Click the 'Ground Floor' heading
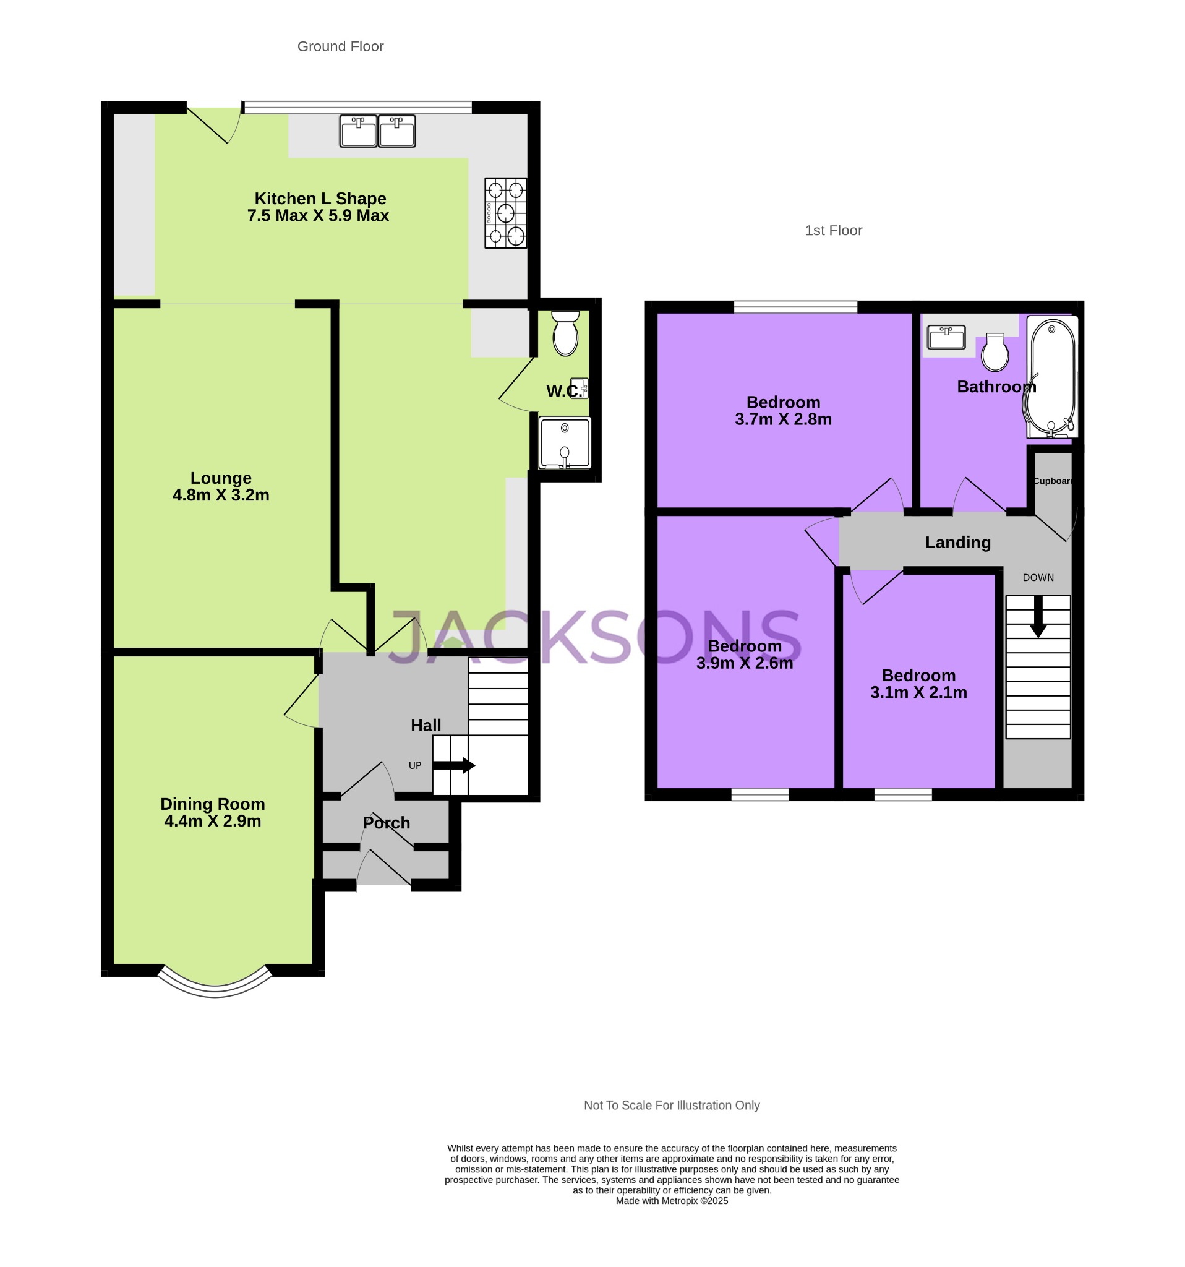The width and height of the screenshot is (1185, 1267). (x=340, y=46)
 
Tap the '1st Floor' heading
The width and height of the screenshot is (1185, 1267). (x=832, y=230)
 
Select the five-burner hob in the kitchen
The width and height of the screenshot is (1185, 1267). (x=505, y=213)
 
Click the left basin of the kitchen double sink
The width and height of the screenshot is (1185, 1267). (x=358, y=131)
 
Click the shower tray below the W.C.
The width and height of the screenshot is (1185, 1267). (x=565, y=442)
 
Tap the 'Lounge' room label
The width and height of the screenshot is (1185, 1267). (x=220, y=478)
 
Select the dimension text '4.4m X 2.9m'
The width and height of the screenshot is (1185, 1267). (x=212, y=821)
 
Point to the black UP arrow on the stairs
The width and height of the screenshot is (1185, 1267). (x=453, y=765)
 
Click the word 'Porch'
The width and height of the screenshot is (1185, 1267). (x=386, y=823)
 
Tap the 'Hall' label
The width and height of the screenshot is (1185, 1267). (x=426, y=725)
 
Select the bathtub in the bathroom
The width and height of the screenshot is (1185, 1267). (x=1052, y=377)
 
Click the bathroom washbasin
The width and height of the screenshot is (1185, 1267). (x=946, y=337)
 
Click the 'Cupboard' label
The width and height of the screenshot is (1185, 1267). (x=1053, y=481)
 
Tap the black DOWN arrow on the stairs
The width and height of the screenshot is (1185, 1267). (x=1038, y=616)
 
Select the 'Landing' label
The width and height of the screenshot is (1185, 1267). (x=957, y=543)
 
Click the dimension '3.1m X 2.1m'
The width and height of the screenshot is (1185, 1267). (x=918, y=692)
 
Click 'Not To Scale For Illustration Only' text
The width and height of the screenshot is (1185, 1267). (x=672, y=1105)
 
